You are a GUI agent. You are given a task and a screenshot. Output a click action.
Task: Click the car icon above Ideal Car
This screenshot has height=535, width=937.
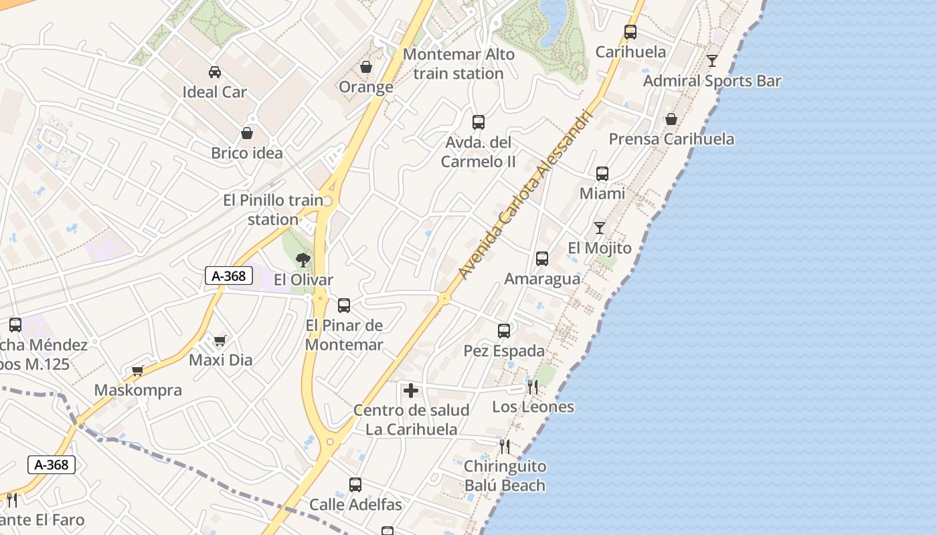click(x=215, y=72)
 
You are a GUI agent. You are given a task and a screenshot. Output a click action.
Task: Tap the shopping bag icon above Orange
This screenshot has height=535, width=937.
click(x=366, y=67)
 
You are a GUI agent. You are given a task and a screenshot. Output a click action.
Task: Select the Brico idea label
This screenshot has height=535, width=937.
click(x=247, y=153)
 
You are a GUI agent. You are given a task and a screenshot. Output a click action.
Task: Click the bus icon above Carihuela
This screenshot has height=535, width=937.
click(x=630, y=31)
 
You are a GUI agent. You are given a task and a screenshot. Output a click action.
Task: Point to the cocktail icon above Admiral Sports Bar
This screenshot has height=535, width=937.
click(x=712, y=61)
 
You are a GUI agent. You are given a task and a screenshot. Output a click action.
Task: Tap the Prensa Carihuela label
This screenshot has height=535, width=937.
click(x=671, y=139)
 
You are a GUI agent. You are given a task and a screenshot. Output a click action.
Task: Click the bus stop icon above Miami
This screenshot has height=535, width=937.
click(x=602, y=174)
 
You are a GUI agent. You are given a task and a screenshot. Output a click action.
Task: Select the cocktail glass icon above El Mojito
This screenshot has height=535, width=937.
click(x=600, y=228)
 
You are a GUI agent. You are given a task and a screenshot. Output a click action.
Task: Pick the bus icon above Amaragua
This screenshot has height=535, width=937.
click(x=542, y=259)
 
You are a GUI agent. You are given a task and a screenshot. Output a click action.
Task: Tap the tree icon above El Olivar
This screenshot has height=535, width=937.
click(x=303, y=260)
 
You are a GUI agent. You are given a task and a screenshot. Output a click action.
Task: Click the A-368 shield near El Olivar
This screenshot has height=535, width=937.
click(x=228, y=276)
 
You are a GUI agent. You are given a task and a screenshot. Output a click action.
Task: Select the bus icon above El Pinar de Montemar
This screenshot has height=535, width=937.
click(x=344, y=306)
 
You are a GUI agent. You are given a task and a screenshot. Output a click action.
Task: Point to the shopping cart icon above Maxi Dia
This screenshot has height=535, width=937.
click(x=220, y=341)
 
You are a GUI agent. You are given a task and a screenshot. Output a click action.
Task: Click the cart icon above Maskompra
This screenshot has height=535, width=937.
click(x=138, y=370)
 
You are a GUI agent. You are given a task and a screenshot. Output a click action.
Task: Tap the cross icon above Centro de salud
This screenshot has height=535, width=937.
click(x=411, y=391)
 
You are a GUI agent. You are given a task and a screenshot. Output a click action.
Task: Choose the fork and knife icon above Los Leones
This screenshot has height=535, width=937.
click(x=533, y=387)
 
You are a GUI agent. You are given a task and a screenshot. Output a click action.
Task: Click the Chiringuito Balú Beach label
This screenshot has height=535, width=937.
click(x=505, y=475)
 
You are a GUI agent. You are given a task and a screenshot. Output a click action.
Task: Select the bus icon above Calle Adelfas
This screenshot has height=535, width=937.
click(x=355, y=485)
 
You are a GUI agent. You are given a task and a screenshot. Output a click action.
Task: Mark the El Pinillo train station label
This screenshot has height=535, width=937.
click(x=273, y=209)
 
